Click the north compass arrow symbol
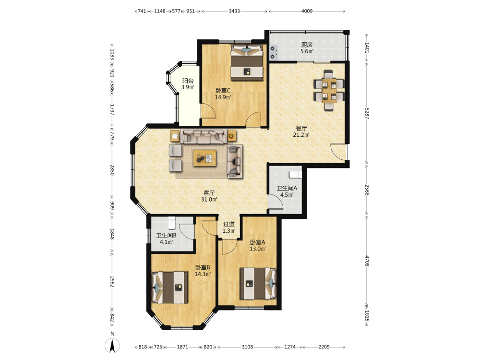click(x=112, y=346)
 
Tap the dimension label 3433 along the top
click(x=234, y=12)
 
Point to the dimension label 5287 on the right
click(x=367, y=114)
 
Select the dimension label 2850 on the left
click(x=112, y=170)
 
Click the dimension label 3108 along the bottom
click(x=247, y=347)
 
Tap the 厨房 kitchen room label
click(x=307, y=45)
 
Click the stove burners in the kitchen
click(x=273, y=52)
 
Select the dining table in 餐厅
click(x=329, y=90)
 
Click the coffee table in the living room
click(x=204, y=158)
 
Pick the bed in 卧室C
click(x=247, y=63)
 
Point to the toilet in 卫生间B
click(x=172, y=223)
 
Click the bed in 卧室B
click(x=170, y=288)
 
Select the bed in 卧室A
click(x=258, y=284)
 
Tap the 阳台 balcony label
click(x=188, y=81)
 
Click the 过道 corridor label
click(x=228, y=224)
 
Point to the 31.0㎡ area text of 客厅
click(x=209, y=200)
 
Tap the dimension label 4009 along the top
click(x=307, y=12)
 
